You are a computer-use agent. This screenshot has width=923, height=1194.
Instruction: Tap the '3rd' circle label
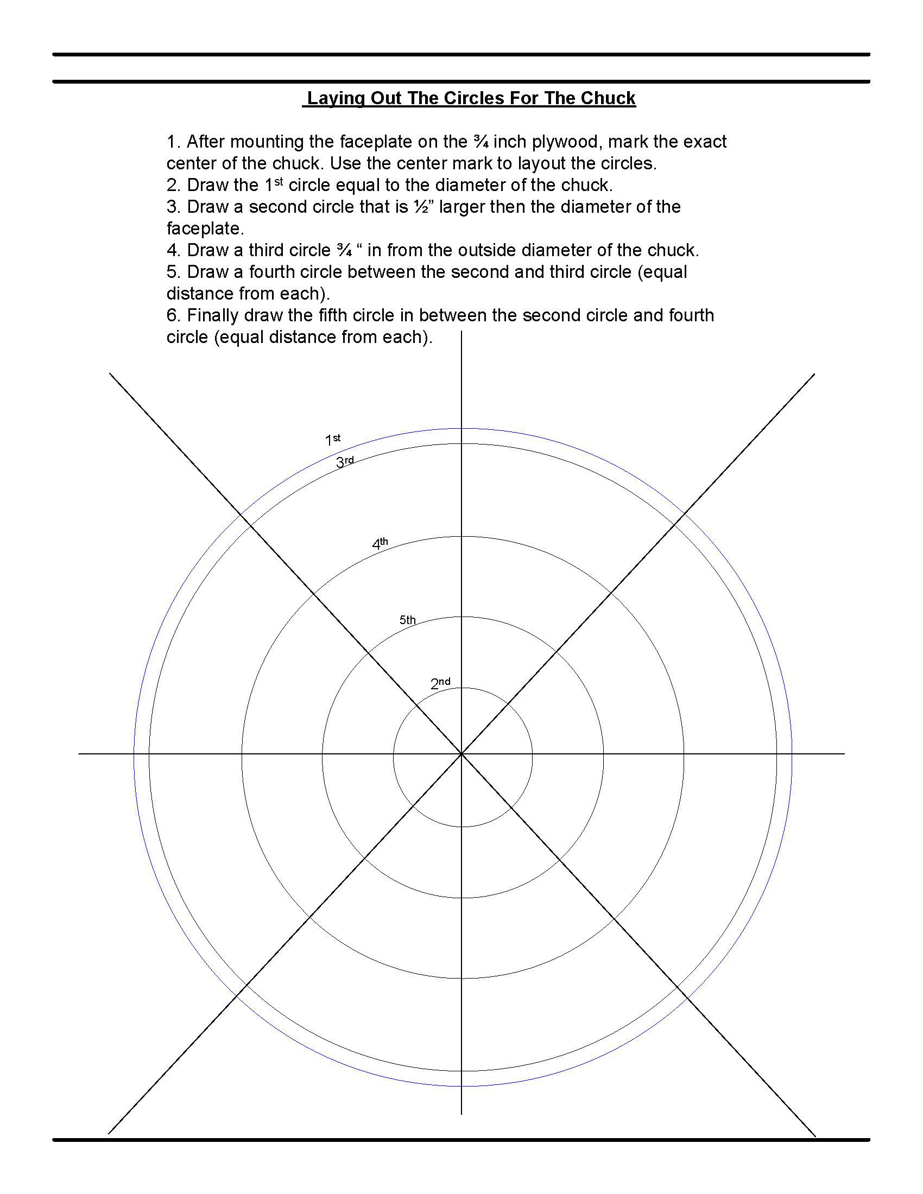(344, 462)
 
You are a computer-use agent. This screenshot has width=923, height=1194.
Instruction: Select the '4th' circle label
(380, 543)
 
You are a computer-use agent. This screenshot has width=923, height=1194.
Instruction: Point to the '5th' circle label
(407, 620)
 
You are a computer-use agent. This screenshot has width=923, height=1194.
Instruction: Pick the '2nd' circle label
(440, 683)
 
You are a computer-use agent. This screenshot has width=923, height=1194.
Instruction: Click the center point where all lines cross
(462, 754)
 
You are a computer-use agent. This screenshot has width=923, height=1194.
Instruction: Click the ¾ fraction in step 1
(481, 142)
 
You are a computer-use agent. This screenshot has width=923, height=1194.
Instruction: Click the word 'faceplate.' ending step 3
(205, 228)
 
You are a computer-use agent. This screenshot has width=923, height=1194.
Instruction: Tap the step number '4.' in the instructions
(173, 250)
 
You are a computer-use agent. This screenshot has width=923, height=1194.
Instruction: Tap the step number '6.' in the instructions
(173, 315)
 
